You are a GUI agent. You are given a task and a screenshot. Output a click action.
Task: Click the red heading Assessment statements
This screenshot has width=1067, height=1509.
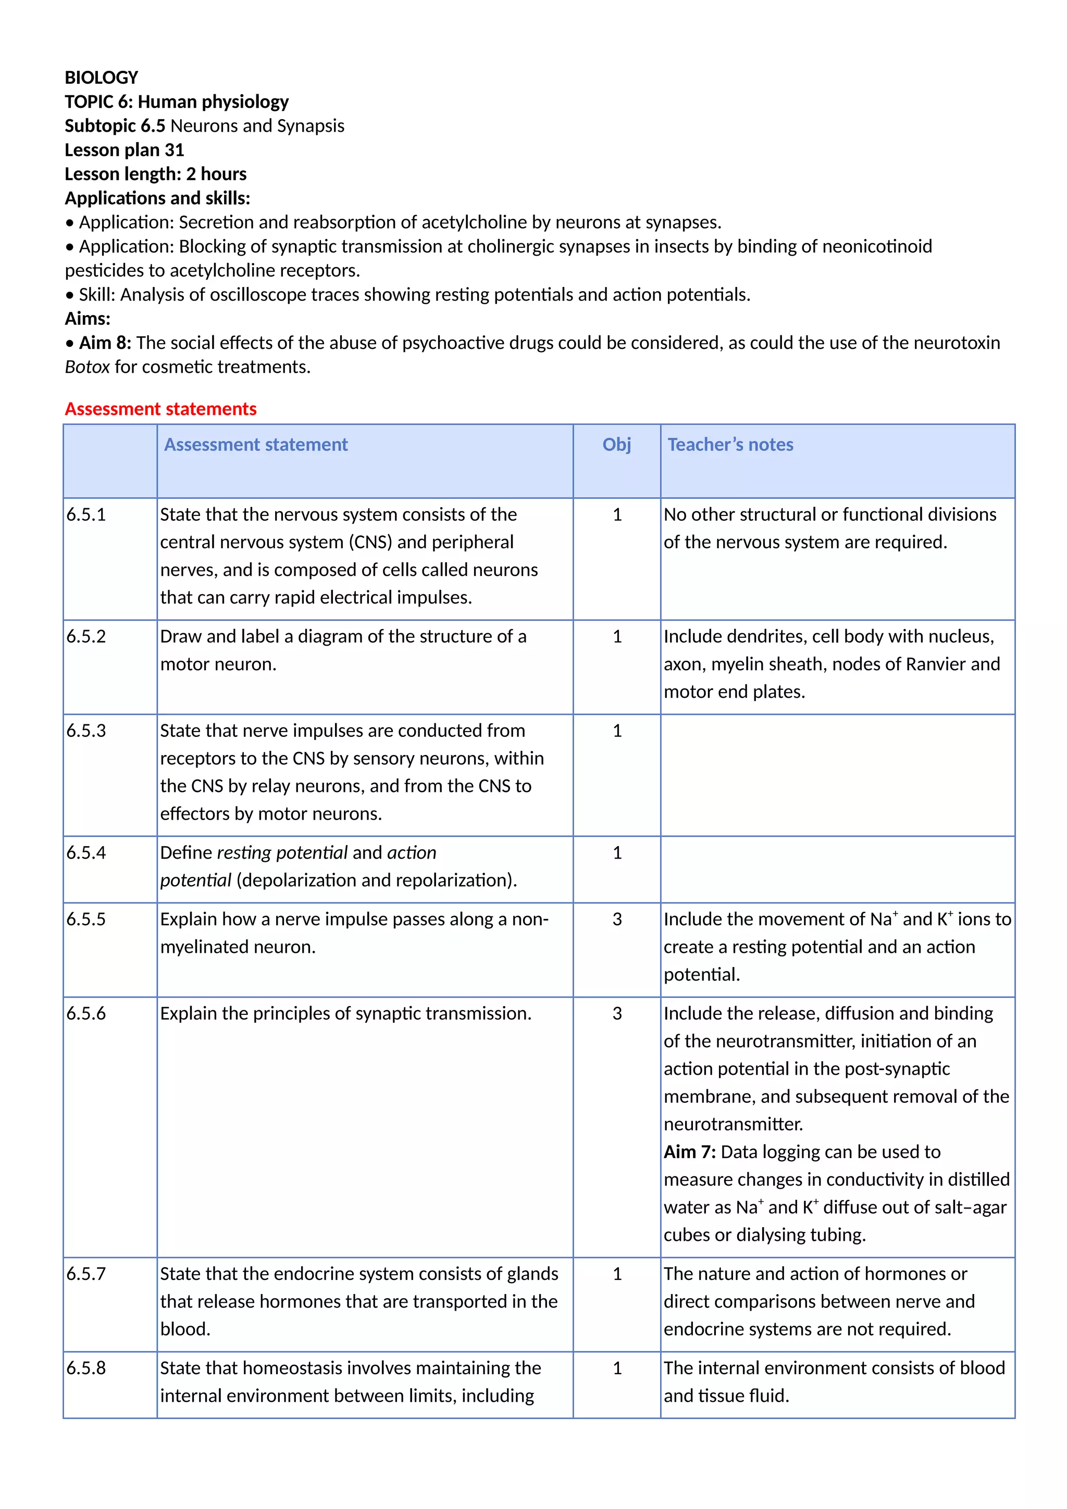[x=160, y=409]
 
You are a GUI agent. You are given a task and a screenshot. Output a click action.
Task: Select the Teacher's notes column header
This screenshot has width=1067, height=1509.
[x=730, y=445]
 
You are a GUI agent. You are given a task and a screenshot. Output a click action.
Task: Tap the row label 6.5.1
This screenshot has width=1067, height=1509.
[x=86, y=514]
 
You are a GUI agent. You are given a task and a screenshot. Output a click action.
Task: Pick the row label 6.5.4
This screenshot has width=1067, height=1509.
[x=86, y=852]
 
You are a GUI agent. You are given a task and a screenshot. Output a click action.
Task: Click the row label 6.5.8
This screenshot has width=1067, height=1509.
[x=86, y=1368]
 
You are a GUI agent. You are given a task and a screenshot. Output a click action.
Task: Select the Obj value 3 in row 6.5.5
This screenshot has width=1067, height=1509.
[x=617, y=919]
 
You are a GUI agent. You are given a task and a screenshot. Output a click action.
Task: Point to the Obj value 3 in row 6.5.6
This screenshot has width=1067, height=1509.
[x=617, y=1013]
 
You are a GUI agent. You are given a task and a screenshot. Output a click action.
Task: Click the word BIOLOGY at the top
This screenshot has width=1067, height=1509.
[x=101, y=78]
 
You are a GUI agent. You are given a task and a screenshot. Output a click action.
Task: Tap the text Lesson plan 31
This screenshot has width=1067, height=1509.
[x=124, y=150]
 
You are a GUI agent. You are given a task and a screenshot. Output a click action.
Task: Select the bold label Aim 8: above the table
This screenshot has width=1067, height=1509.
[x=105, y=343]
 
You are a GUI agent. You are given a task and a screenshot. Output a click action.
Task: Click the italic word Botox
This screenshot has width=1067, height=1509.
[x=87, y=367]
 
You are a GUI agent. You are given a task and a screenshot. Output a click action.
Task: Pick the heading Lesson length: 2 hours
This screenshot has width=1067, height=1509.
[x=155, y=174]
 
